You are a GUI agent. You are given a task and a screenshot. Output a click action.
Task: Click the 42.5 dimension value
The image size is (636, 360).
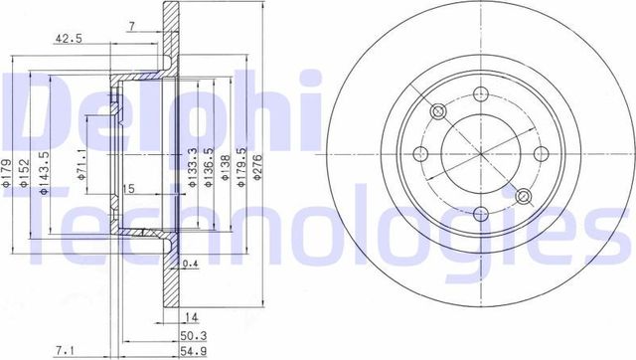coord(67,41)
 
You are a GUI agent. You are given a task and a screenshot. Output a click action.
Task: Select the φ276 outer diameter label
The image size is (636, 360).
coord(258,175)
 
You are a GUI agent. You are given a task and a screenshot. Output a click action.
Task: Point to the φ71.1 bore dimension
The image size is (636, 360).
coord(81,162)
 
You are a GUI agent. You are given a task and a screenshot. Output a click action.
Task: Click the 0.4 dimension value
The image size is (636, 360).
coord(191,264)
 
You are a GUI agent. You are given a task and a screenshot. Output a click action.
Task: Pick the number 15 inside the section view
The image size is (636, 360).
coord(126,188)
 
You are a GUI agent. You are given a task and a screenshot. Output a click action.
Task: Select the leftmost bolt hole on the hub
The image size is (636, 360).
coord(418,153)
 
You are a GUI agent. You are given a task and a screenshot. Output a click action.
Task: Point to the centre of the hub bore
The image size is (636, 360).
coord(479,154)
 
